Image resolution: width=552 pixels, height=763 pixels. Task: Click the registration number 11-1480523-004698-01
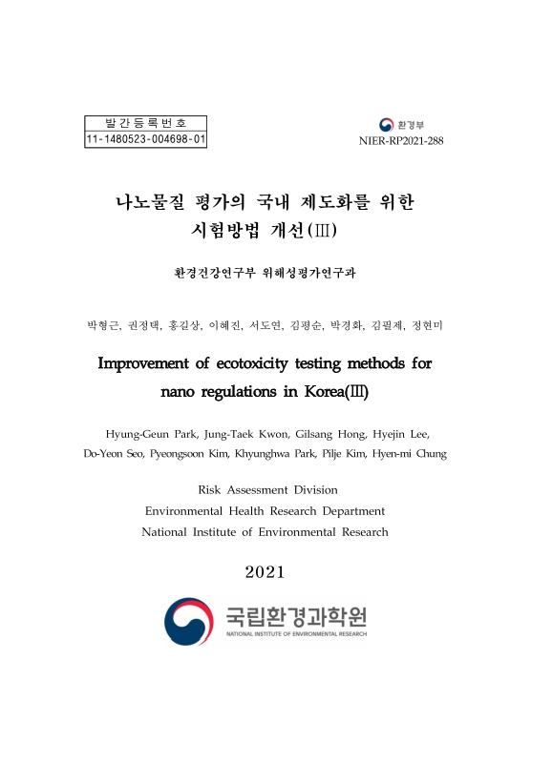146,140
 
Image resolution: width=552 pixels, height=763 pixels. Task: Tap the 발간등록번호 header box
146,123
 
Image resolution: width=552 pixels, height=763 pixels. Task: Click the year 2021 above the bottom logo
265,571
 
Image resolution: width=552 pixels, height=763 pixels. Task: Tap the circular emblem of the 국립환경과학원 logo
188,620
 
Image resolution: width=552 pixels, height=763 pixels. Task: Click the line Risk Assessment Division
267,489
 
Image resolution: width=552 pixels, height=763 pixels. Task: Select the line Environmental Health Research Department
265,510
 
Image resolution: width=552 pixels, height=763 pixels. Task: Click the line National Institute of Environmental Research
265,531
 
